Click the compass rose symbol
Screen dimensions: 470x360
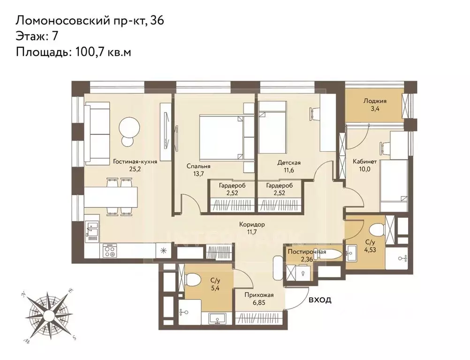(x=47, y=315)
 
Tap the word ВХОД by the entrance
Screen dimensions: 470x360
(x=320, y=300)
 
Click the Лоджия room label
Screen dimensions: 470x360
(x=375, y=101)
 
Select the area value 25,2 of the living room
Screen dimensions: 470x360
(x=135, y=169)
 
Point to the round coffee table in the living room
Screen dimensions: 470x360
(x=129, y=128)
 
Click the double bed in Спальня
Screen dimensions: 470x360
(x=221, y=136)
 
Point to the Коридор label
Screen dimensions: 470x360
(x=252, y=224)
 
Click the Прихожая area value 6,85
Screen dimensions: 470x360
(x=259, y=303)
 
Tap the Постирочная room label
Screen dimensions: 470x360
(x=307, y=252)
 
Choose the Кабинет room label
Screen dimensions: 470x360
(x=364, y=161)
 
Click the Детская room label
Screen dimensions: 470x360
(x=288, y=163)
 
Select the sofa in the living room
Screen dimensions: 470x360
(x=98, y=133)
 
